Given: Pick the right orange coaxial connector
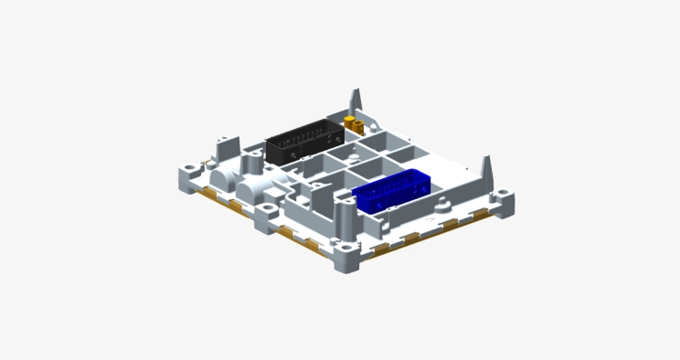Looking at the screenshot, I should click(x=359, y=126).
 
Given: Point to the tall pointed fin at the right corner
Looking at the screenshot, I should click(x=486, y=170).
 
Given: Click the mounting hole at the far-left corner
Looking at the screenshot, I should click(x=188, y=170).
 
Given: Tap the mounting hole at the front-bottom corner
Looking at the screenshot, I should click(x=346, y=245).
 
